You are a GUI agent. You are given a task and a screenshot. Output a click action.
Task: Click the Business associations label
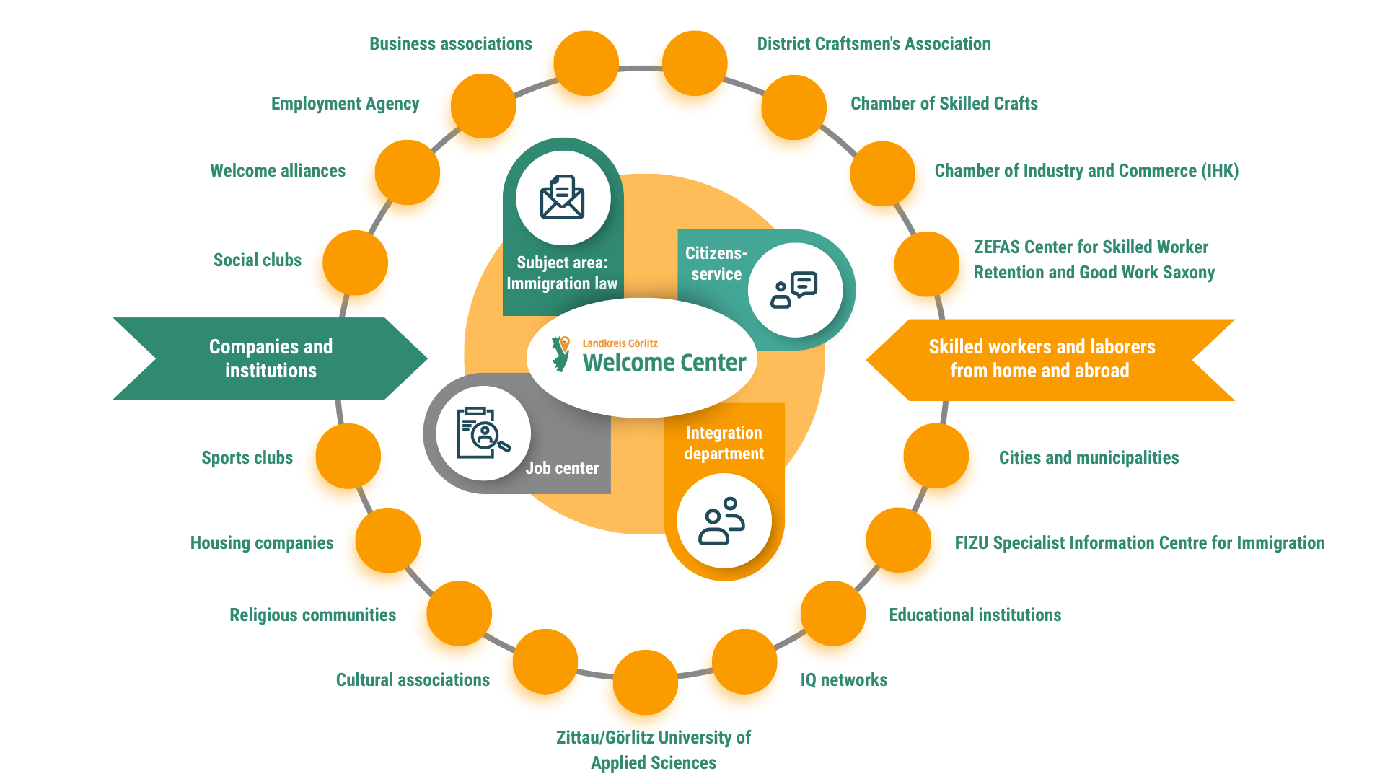click(x=451, y=44)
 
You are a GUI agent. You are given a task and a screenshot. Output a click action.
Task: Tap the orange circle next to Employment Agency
click(x=483, y=106)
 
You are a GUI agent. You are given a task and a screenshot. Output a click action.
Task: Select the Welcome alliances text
click(x=278, y=171)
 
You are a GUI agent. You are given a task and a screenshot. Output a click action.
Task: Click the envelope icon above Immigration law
click(x=563, y=197)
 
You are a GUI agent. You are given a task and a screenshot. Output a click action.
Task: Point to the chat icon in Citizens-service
click(x=794, y=290)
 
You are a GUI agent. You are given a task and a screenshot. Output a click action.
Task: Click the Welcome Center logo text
click(x=664, y=362)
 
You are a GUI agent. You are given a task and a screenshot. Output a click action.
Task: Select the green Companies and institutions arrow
click(x=271, y=358)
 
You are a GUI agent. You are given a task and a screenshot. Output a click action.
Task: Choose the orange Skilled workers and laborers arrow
click(x=1042, y=359)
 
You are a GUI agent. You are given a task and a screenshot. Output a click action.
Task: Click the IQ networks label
click(x=844, y=680)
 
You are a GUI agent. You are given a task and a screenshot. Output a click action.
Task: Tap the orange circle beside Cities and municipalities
click(x=936, y=456)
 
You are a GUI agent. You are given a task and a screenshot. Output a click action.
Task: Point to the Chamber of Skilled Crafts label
click(x=944, y=104)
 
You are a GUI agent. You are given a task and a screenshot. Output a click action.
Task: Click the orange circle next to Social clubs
click(x=355, y=263)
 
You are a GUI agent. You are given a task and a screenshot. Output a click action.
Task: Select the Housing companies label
click(x=262, y=543)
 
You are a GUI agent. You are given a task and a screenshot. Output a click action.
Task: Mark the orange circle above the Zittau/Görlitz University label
click(x=645, y=682)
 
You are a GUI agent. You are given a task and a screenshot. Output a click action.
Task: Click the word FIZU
click(x=971, y=543)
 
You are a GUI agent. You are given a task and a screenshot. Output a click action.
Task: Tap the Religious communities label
click(x=312, y=615)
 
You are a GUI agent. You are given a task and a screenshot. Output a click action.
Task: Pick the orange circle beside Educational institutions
click(x=833, y=613)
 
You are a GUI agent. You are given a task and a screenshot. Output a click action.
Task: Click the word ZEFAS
click(x=996, y=247)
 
